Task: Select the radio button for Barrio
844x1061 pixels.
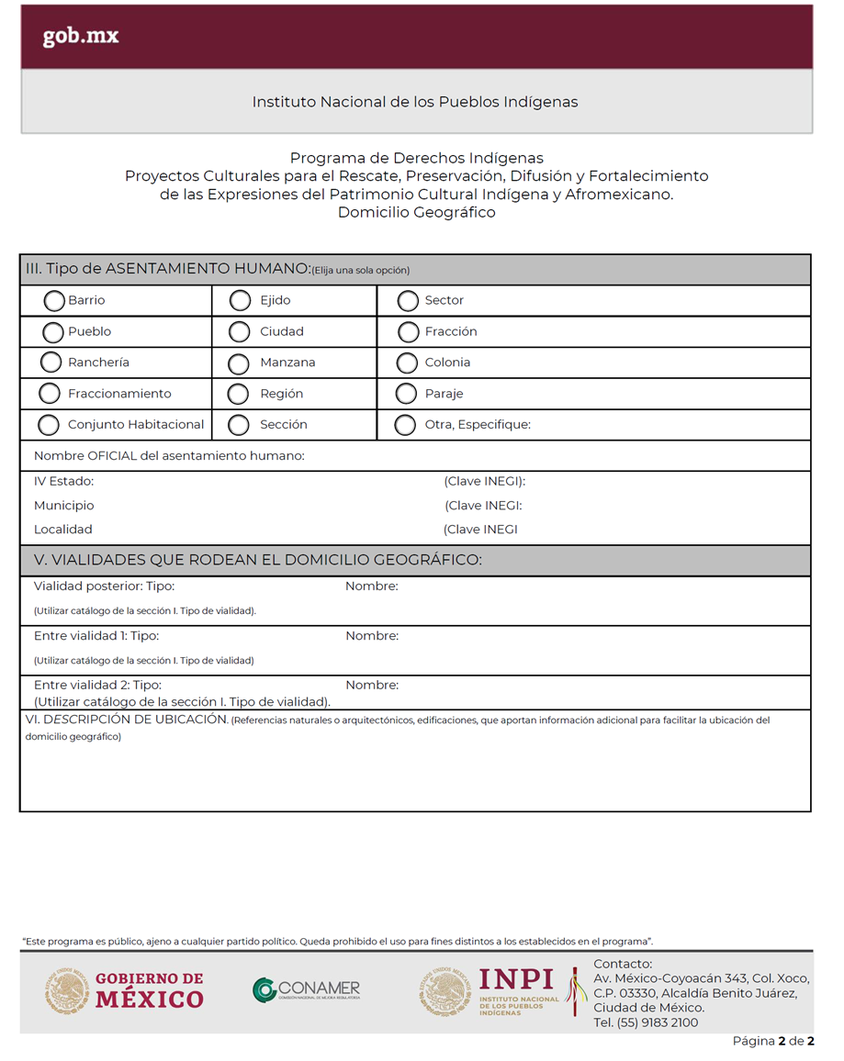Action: tap(54, 300)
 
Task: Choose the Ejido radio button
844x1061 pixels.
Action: tap(240, 300)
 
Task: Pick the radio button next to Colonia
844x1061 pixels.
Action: tap(407, 363)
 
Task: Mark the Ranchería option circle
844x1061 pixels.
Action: tap(51, 363)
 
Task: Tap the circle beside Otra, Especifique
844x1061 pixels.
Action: tap(404, 425)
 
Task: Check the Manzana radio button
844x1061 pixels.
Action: tap(238, 363)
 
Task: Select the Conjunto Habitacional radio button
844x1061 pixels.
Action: tap(49, 425)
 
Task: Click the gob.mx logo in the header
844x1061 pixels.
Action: tap(81, 38)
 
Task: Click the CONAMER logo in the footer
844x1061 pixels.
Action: tap(307, 990)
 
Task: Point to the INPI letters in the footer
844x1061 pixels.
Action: tap(516, 979)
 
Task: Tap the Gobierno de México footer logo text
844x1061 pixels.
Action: tap(149, 990)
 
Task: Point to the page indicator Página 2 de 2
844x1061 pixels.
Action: tap(773, 1041)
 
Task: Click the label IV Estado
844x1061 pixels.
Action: tap(63, 481)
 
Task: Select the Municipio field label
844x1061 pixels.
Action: tap(63, 506)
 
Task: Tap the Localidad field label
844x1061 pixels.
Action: tap(62, 530)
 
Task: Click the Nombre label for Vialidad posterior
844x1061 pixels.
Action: tap(371, 586)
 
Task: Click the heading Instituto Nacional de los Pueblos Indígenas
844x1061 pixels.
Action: tap(415, 102)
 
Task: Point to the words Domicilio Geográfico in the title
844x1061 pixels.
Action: tap(416, 213)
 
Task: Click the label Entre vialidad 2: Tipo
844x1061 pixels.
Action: tap(97, 685)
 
